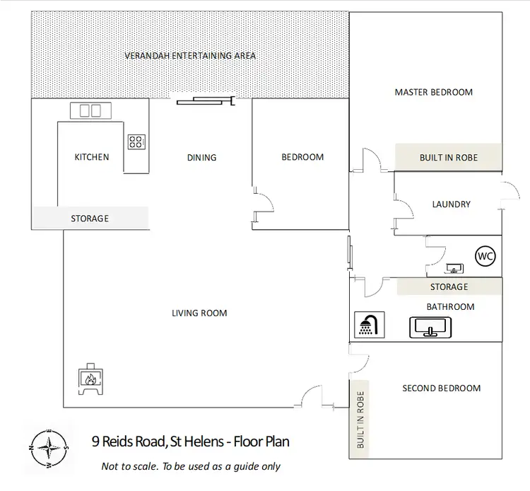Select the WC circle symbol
point(485,255)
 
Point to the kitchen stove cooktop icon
point(136,141)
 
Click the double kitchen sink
point(90,110)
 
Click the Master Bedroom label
point(433,92)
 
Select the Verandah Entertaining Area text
point(190,55)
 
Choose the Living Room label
point(199,313)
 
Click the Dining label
point(201,158)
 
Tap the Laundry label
point(451,204)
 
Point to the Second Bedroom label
point(441,388)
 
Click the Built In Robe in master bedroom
point(448,157)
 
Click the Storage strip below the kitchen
point(90,219)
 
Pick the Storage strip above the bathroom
point(449,287)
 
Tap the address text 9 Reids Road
point(190,442)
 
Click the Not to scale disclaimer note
point(191,466)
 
